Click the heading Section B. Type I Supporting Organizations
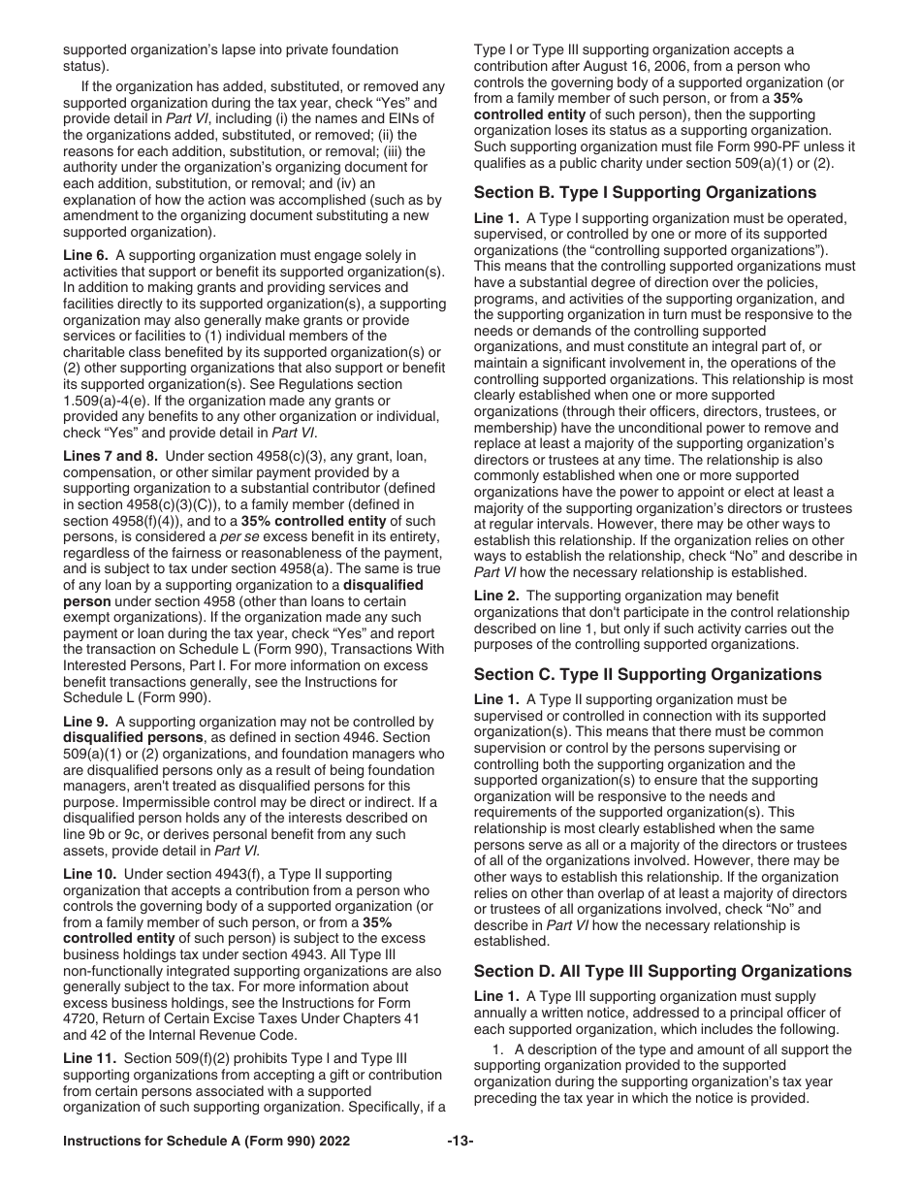645,192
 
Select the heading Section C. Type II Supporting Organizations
648,674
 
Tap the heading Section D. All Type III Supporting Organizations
663,971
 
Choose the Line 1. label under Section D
498,996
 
